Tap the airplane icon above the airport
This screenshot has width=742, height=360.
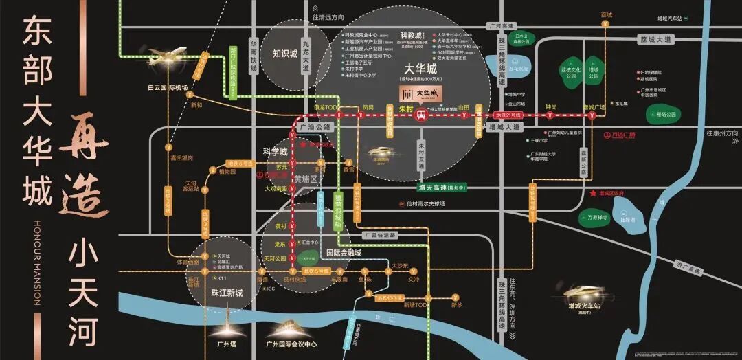[167, 54]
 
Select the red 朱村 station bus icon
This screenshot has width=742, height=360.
[423, 116]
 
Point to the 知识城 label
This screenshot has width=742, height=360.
[284, 53]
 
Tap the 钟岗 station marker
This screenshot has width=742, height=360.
[551, 115]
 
